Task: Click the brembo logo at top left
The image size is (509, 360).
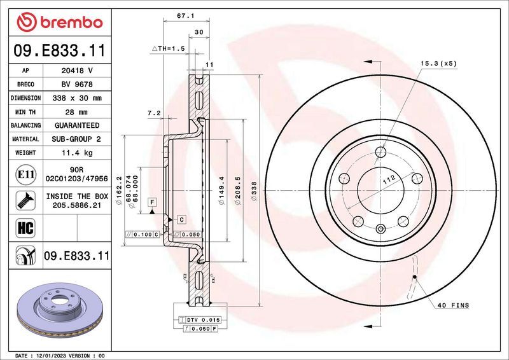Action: click(60, 23)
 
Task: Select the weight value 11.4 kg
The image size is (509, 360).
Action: click(76, 153)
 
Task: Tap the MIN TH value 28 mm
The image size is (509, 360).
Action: click(76, 112)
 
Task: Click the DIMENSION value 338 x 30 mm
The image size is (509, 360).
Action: click(76, 99)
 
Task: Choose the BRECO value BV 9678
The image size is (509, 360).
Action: click(76, 85)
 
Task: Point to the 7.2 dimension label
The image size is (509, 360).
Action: click(153, 113)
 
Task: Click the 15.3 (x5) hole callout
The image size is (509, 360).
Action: click(438, 64)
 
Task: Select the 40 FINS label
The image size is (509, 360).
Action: click(452, 305)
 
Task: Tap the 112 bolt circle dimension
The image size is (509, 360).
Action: click(389, 183)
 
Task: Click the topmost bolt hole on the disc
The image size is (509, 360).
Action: click(380, 152)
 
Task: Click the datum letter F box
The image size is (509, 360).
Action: click(152, 202)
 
